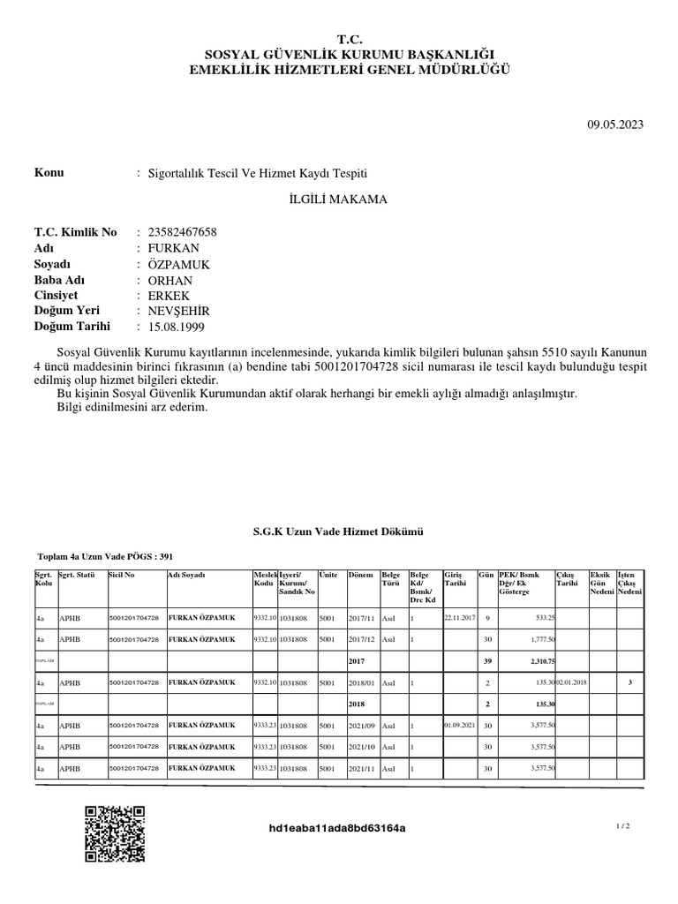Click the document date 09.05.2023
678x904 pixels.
pos(615,124)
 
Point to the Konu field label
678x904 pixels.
pos(49,173)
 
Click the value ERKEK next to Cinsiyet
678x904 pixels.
pos(169,296)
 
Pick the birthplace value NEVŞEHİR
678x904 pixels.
pos(179,312)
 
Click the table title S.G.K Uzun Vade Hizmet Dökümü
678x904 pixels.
pos(339,531)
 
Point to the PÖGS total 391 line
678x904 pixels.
pos(106,557)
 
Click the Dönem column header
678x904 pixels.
pos(361,575)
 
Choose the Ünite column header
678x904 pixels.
pos(328,575)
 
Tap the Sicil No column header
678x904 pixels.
pos(121,575)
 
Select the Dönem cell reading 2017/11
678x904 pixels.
pos(362,618)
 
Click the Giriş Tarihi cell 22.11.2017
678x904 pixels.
pos(459,618)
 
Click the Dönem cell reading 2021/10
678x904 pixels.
pos(362,747)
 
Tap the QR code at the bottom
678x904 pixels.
pos(115,834)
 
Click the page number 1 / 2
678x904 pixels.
pos(623,826)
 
